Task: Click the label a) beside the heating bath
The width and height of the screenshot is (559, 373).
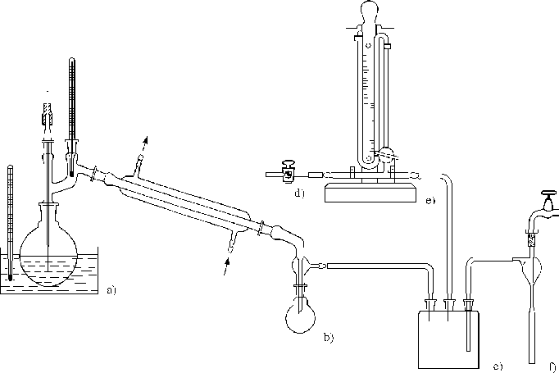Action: [x=111, y=290]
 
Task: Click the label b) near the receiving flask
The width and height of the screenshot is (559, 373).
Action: [x=329, y=337]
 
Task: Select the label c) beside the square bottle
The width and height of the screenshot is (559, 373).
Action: [x=498, y=366]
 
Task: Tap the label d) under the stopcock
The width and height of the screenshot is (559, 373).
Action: [x=299, y=193]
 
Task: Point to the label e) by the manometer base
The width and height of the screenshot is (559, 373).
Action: [x=430, y=201]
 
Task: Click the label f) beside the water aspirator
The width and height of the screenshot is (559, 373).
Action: [x=552, y=366]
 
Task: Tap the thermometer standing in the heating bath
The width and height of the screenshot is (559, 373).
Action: [x=10, y=223]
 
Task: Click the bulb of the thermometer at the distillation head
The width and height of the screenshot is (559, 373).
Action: [x=71, y=174]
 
